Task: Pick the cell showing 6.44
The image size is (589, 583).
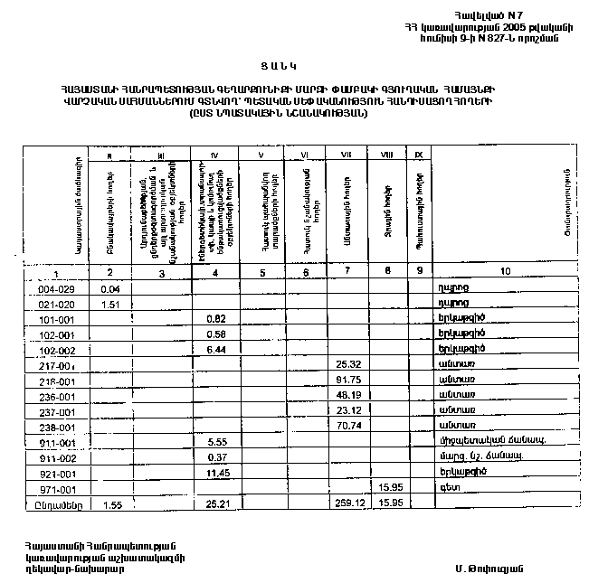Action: [215, 348]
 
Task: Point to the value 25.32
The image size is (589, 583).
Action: [347, 363]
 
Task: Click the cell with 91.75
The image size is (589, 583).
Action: [347, 379]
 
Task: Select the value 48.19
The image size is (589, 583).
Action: [347, 394]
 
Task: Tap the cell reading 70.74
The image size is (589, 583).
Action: [347, 425]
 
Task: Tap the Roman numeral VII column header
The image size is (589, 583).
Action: [347, 155]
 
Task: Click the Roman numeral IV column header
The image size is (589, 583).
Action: [215, 155]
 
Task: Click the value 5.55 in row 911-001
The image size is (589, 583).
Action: [215, 442]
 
